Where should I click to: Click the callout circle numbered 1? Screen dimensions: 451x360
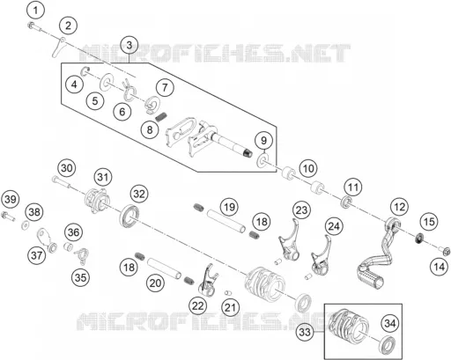click(x=35, y=11)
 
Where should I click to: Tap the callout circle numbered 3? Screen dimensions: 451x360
click(x=129, y=46)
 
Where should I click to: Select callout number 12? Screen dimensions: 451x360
click(x=399, y=207)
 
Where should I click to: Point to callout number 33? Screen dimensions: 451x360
click(x=305, y=333)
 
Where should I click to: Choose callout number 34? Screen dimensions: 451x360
click(x=390, y=324)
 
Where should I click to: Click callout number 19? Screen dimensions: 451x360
click(x=229, y=207)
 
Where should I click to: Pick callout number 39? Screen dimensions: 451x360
click(x=11, y=200)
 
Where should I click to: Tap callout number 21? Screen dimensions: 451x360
click(x=231, y=308)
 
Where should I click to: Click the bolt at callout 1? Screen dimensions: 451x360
click(x=34, y=27)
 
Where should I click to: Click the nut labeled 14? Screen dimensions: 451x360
click(x=445, y=252)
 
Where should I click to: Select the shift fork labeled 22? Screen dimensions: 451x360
click(x=209, y=282)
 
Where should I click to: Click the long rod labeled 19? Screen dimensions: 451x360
click(x=225, y=220)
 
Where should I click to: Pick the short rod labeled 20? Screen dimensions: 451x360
click(x=164, y=268)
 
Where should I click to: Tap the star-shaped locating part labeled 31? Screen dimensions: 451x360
click(x=96, y=201)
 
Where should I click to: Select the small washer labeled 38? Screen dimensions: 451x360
click(x=26, y=225)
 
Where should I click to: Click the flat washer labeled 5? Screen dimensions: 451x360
click(x=105, y=81)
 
